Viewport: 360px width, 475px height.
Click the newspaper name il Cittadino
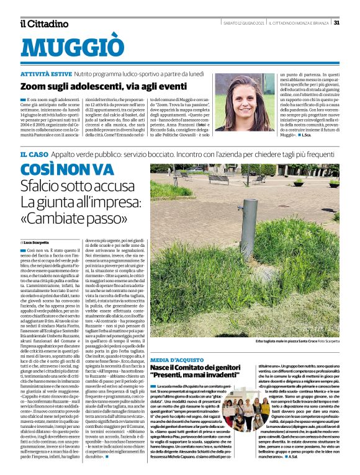point(44,24)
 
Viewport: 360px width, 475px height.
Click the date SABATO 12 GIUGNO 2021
point(244,23)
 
